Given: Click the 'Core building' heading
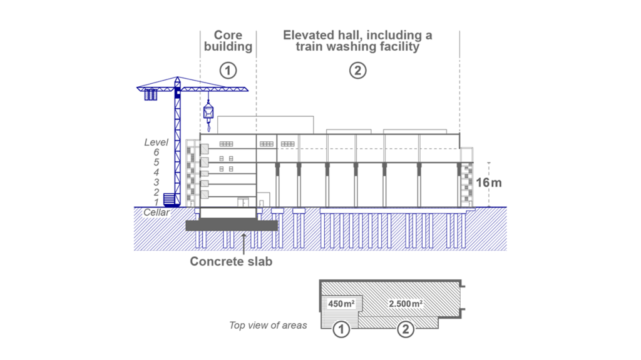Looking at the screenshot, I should coord(228,41).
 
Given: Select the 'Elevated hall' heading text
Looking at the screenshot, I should coord(357,41).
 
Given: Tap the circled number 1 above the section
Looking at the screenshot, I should coord(228,70).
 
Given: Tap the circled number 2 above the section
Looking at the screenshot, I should coord(357,70).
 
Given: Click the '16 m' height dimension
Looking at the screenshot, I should coord(489,183).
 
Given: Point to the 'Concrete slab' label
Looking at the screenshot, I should coord(231,261).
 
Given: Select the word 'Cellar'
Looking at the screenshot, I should coord(156,212).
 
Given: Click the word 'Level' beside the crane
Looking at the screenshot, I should coord(156,142).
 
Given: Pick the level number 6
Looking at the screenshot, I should coord(156,152).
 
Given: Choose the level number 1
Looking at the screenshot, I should coord(156,202).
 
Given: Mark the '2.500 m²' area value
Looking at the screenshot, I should coord(406,304).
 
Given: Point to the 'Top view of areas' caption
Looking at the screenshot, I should coord(268,325).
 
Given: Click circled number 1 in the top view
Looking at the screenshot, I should coord(341,329).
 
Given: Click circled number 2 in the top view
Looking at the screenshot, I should coord(406,329).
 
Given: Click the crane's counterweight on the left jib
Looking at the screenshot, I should coord(150,95).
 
